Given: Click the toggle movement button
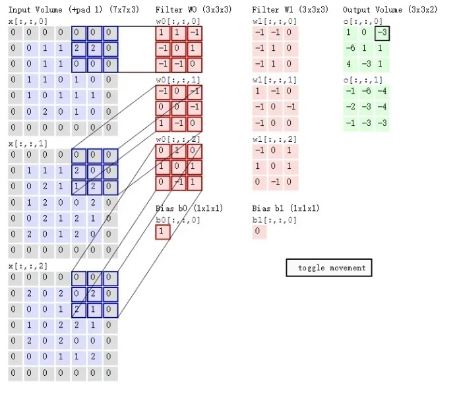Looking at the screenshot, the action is pos(330,268).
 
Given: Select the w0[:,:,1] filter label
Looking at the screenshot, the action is pos(177,80).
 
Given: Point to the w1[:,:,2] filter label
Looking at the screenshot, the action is pos(274,139).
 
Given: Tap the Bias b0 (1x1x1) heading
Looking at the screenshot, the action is pos(189,208).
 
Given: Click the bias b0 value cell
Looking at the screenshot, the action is pos(163,232).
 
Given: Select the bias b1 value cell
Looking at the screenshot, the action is pos(259,232).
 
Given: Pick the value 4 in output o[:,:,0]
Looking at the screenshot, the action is pos(350,65).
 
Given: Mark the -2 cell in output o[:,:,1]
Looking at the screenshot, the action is pos(351,107).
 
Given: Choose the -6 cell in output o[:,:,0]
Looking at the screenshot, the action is pos(351,49).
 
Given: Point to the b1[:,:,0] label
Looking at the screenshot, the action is pos(274,220).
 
